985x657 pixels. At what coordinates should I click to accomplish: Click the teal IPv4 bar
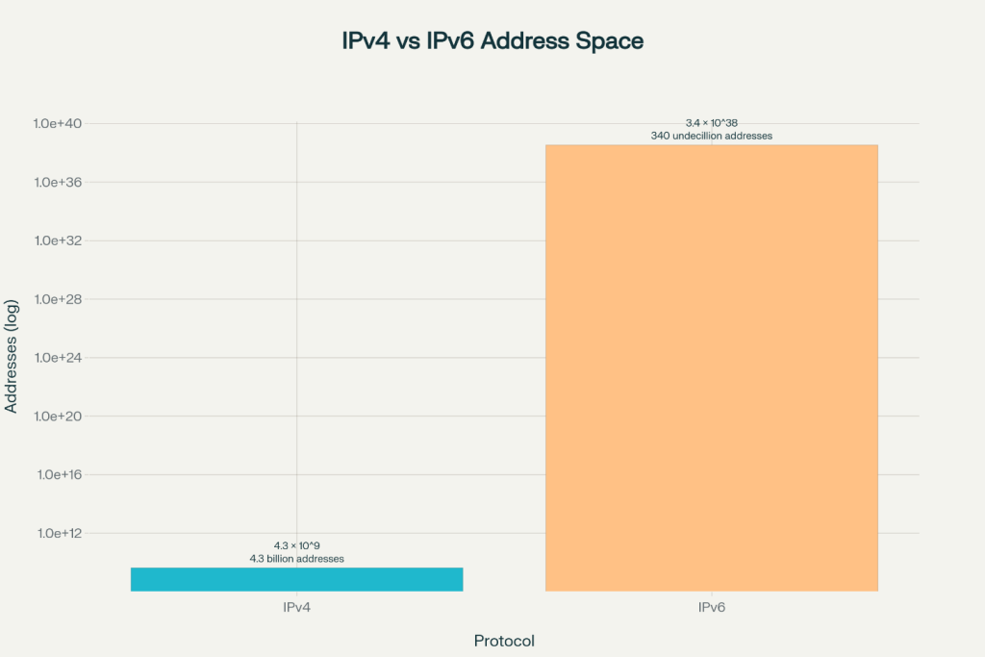tap(296, 579)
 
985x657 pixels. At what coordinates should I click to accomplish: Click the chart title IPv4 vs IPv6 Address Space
tap(492, 41)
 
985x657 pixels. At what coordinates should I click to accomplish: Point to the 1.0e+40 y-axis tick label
tap(60, 124)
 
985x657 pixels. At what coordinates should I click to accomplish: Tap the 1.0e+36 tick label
tap(60, 183)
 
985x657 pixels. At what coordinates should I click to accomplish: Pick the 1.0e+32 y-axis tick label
tap(60, 240)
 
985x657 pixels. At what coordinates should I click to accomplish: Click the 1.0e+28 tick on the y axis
tap(60, 299)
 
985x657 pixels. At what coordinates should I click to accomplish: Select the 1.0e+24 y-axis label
tap(60, 358)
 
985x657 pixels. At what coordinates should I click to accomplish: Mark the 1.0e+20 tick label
tap(60, 417)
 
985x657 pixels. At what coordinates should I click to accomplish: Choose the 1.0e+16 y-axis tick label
tap(60, 474)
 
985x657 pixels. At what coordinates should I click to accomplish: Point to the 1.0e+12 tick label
tap(60, 533)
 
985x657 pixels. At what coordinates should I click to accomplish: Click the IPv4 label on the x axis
tap(296, 608)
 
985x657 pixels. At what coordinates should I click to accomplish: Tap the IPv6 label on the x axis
tap(711, 608)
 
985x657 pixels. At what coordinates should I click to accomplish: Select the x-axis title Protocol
tap(504, 641)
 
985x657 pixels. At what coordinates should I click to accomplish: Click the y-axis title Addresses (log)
tap(12, 357)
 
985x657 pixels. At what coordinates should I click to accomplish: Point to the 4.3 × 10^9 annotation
tap(296, 545)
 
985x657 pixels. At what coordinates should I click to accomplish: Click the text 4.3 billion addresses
tap(296, 558)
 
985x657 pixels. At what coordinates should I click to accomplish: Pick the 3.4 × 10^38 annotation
tap(711, 123)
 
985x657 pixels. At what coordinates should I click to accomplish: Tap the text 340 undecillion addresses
tap(711, 136)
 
